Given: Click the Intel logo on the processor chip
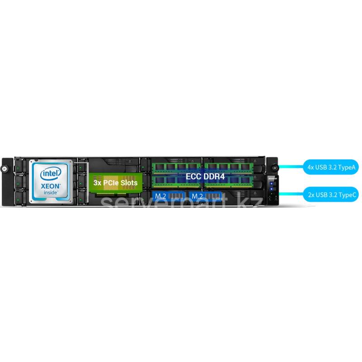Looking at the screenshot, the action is pos(51,174).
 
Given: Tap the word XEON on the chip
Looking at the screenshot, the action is pos(51,186).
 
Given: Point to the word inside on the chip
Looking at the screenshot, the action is pos(51,192).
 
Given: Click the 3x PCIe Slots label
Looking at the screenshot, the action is pos(115,183).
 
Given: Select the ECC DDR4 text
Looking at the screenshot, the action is pos(205,176).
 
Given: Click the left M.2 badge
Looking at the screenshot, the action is pos(169,196).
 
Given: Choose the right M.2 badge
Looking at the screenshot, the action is pos(205,196).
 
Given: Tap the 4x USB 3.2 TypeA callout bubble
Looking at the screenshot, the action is pos(331,167).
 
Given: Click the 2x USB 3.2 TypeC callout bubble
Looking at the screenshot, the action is pos(331,195).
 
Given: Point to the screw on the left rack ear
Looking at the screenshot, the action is pos(4,169).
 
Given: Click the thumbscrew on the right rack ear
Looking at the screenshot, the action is pos(275,167).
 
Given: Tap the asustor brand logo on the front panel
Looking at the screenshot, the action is pos(273,178).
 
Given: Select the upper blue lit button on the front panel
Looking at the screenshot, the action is pos(271,184).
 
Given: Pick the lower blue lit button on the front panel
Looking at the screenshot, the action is pos(271,189).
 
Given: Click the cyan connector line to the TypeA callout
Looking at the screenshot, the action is pos(291,167).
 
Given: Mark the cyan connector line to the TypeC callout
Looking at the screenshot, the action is pos(291,194).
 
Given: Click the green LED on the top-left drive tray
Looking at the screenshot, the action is pos(18,169).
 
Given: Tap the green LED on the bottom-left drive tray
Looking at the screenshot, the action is pos(18,200).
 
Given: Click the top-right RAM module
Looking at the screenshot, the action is pos(229,168).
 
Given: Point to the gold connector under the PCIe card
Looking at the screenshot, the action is pos(111,195).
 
